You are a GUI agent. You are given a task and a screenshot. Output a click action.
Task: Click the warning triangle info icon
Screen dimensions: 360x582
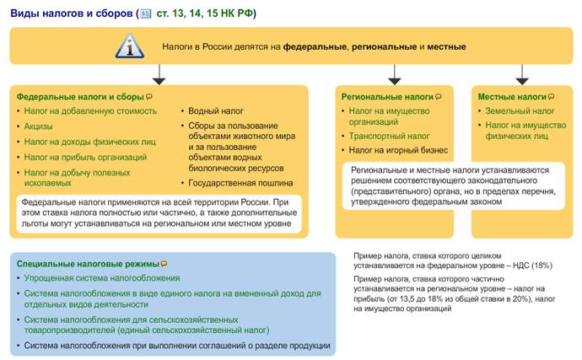pos(128,45)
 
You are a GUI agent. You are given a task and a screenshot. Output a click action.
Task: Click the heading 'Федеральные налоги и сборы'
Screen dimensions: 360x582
pos(74,97)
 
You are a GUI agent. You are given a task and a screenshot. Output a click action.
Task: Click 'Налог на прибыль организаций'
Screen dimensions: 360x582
pos(85,157)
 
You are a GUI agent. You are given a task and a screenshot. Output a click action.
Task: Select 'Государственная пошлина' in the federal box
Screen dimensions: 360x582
pos(239,181)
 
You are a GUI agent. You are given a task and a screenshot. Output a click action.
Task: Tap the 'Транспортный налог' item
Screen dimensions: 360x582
pos(389,135)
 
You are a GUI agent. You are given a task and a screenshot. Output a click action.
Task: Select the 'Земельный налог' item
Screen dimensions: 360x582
pos(520,110)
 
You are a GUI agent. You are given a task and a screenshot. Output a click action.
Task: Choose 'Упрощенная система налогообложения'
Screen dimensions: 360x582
pos(102,278)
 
